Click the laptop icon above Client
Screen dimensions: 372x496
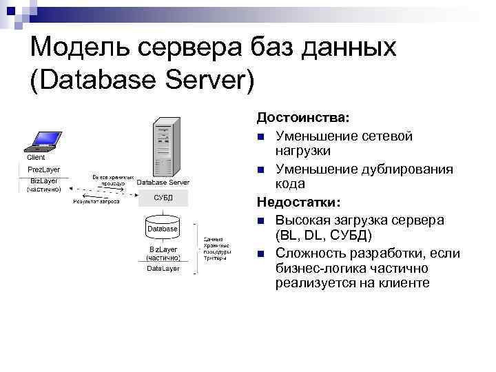click(42, 140)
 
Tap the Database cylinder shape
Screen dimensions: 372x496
click(163, 227)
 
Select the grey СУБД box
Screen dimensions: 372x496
click(163, 198)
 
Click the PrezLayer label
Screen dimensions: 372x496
click(43, 169)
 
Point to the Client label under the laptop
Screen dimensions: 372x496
click(36, 158)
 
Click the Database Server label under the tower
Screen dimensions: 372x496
click(163, 183)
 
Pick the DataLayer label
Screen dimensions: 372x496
click(163, 268)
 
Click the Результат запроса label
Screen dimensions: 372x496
click(96, 202)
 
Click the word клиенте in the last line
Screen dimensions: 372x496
click(402, 283)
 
